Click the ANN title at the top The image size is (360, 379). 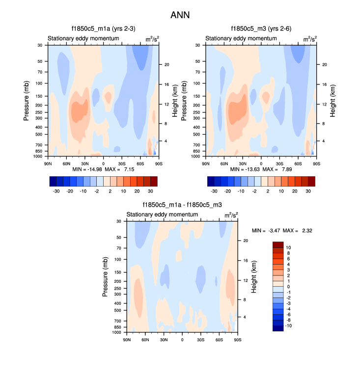click(x=180, y=15)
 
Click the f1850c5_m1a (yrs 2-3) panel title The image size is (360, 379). click(x=103, y=28)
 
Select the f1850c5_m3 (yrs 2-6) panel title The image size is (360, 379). click(x=261, y=28)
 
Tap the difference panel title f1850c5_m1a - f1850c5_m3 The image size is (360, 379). click(x=182, y=205)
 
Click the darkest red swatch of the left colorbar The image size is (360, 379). click(x=154, y=181)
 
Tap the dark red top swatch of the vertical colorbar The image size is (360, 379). click(x=278, y=245)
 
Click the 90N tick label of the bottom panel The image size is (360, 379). click(x=127, y=339)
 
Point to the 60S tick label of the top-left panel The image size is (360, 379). click(x=140, y=163)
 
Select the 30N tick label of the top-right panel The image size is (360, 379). click(x=243, y=163)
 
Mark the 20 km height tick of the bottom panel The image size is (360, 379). click(x=247, y=241)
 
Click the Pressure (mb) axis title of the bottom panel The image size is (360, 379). click(x=105, y=276)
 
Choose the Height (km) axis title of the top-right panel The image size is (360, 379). click(x=332, y=100)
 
